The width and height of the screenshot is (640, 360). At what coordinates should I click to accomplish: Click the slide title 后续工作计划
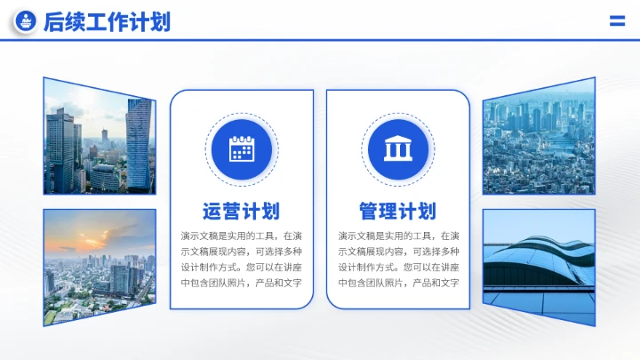coord(107,22)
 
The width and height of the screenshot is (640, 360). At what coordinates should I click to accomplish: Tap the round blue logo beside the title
coord(26,22)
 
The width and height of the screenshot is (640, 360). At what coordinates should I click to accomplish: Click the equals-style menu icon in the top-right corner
coord(617,21)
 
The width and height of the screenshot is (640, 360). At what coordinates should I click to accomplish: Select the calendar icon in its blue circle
coord(241,148)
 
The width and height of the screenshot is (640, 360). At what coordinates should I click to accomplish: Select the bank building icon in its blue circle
coord(397,148)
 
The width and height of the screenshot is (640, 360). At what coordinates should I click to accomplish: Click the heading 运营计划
coord(241,212)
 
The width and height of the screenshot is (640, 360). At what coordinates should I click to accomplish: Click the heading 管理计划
coord(397,212)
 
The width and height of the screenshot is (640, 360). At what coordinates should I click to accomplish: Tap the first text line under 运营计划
coord(241,236)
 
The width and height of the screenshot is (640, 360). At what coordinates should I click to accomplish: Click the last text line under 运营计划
coord(241,283)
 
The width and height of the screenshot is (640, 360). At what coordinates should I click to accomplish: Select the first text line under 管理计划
coord(397,236)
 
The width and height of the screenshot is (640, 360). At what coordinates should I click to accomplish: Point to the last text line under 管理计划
coord(397,283)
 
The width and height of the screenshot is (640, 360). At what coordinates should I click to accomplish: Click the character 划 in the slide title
coord(160,22)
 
